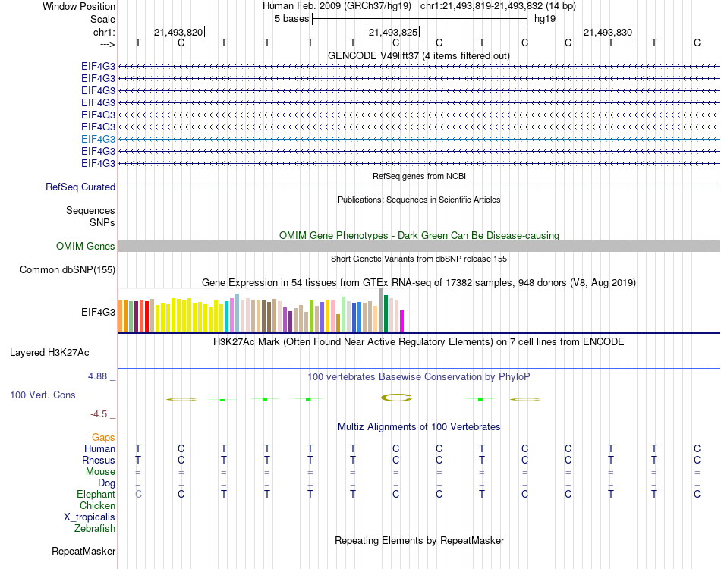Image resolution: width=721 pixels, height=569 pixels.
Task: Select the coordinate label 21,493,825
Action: click(392, 33)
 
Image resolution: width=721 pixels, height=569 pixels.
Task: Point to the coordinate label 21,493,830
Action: click(607, 33)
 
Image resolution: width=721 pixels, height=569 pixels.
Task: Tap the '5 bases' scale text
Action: click(291, 18)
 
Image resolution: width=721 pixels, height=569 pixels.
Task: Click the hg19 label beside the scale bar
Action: click(545, 18)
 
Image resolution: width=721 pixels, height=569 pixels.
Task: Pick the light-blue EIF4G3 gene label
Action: click(98, 139)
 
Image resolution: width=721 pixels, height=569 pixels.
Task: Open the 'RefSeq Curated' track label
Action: click(80, 187)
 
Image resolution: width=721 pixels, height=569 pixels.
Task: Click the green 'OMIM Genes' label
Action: click(86, 246)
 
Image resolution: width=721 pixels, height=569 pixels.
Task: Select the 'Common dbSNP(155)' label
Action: click(68, 269)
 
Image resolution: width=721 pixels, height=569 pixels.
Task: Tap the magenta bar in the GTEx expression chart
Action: click(402, 320)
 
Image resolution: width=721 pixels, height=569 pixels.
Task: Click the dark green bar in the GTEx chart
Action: click(386, 313)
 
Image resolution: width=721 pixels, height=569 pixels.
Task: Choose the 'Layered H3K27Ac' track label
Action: click(49, 352)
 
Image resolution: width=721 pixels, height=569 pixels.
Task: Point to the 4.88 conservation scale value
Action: click(100, 376)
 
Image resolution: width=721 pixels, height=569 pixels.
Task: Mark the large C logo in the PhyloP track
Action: click(395, 397)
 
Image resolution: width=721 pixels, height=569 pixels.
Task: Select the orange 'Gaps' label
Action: click(103, 438)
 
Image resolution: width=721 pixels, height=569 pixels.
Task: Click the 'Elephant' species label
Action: click(96, 495)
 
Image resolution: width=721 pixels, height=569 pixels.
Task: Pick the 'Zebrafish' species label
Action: click(95, 529)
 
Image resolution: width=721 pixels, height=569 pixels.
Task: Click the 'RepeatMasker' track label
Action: click(83, 551)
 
